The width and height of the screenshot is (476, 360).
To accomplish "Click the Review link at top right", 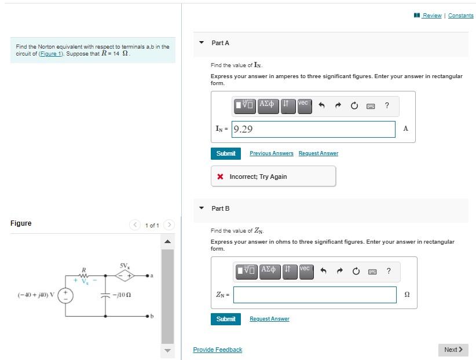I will (x=431, y=16).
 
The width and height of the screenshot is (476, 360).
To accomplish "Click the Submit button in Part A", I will (x=225, y=153).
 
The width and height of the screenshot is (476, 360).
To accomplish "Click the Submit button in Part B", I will (x=225, y=319).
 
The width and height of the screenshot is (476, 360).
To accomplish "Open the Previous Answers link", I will (x=271, y=153).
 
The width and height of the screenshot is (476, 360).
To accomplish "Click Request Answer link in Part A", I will (x=318, y=153).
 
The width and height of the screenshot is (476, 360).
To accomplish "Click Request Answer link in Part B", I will (x=269, y=319).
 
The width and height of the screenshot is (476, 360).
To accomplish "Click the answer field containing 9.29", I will (x=313, y=129).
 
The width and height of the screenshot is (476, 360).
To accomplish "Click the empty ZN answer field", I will (x=315, y=295).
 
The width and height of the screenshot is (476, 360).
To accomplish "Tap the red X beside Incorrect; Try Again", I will (x=221, y=177).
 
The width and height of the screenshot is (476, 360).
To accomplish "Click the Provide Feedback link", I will (x=217, y=350).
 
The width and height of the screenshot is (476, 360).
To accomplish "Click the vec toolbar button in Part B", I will (x=306, y=270).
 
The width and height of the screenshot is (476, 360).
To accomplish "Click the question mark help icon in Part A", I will (x=387, y=105).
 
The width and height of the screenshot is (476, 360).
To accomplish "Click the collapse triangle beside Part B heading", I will (x=202, y=208).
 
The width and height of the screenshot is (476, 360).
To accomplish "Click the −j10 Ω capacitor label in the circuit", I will (x=125, y=295).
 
